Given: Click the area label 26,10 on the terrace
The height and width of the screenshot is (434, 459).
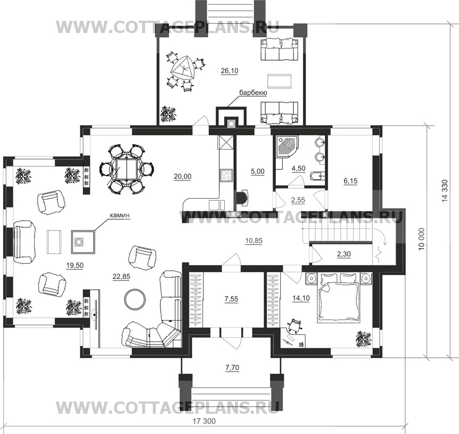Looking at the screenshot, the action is coord(229,70).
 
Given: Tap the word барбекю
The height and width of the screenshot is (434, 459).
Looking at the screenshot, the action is coord(253,93).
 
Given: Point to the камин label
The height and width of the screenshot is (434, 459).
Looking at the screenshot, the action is coord(119,215).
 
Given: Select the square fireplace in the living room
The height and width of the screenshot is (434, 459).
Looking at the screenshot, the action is coord(83,242).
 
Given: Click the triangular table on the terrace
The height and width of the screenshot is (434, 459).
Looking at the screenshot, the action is coord(183,69).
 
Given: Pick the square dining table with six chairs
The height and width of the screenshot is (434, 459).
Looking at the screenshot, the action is coord(126,169).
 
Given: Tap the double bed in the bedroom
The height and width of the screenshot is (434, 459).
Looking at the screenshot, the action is coord(339,299).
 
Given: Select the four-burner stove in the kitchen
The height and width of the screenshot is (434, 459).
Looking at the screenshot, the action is coord(226,176).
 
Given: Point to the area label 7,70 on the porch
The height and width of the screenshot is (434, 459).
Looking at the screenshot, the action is coord(232,367).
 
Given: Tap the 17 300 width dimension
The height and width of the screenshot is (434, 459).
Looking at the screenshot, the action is coord(204,421).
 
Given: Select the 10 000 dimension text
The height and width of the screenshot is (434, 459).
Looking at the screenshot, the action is coord(421,239).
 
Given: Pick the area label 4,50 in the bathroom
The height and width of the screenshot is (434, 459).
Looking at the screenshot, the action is coord(299,169).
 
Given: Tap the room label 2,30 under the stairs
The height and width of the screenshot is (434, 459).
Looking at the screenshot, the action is coord(343,254).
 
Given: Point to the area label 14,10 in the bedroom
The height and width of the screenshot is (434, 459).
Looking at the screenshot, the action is coord(301,298).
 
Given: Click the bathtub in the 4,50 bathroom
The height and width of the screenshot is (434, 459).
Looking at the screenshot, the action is coord(317,176).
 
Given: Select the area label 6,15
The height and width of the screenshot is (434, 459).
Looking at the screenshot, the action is coord(350,181).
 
